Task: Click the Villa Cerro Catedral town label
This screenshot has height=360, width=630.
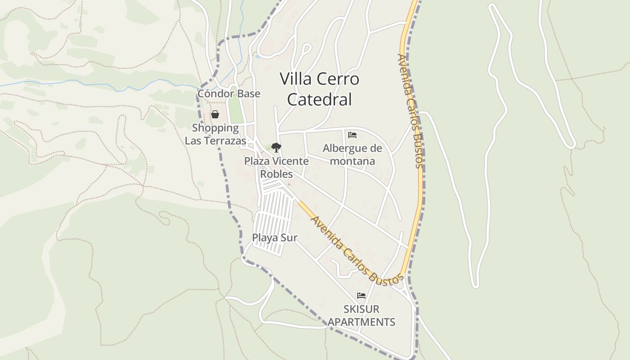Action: click(319, 89)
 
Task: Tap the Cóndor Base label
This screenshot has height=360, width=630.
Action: click(229, 94)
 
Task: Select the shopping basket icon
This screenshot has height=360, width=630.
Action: click(215, 114)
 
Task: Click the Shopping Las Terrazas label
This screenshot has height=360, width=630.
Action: click(216, 134)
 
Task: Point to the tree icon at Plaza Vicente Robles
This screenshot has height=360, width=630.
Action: click(276, 147)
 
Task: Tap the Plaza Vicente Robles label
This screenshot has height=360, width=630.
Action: click(276, 167)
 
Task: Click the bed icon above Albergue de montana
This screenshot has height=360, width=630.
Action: click(352, 135)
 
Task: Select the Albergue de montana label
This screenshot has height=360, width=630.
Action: click(352, 154)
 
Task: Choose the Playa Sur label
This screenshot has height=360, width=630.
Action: click(274, 238)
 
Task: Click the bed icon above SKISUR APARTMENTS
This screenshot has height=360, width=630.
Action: click(361, 296)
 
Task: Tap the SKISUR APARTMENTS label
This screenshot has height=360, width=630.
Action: click(361, 315)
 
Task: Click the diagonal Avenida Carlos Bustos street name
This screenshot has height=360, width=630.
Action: click(356, 251)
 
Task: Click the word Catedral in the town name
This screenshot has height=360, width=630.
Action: click(319, 99)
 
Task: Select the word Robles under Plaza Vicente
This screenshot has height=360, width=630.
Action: click(276, 174)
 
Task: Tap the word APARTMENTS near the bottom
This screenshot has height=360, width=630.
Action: click(361, 322)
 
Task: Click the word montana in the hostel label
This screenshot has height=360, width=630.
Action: click(352, 161)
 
